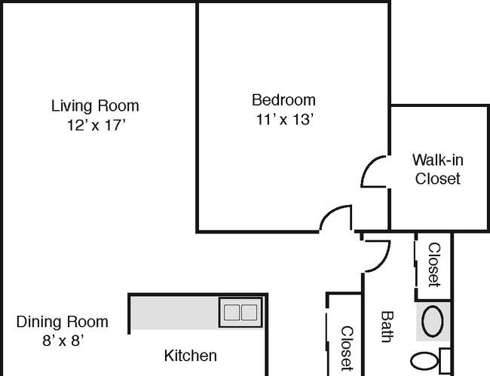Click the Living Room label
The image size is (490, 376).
tap(95, 105)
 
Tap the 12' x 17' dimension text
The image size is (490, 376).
tap(96, 125)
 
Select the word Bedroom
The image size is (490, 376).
tap(283, 100)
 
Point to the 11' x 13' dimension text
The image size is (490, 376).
tap(285, 119)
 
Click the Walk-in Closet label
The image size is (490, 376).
tap(437, 170)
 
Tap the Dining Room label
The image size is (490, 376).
tap(62, 322)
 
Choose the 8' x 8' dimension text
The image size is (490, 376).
tap(63, 341)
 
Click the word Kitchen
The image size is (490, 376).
tap(190, 356)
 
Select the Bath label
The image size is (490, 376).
tap(387, 327)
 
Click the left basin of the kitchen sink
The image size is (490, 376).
tap(232, 312)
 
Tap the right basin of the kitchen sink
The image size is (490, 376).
tap(250, 312)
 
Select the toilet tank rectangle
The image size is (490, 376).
tap(445, 362)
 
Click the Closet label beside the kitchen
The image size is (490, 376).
tap(347, 349)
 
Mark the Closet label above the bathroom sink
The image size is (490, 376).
tap(434, 264)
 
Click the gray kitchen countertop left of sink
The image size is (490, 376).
tap(174, 313)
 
